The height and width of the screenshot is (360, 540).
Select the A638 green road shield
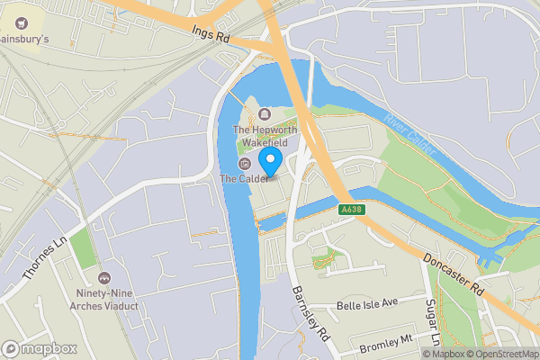coord(353,210)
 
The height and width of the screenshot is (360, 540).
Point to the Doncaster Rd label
coord(454,269)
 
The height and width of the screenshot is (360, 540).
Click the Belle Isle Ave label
coord(366,305)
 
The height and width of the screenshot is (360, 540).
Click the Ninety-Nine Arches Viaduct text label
coord(105,300)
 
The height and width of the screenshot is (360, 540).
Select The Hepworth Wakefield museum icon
coord(265,113)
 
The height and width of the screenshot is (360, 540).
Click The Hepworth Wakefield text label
coord(265,136)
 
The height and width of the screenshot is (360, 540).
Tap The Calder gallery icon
coord(244,164)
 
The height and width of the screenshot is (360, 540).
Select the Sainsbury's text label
coord(23,40)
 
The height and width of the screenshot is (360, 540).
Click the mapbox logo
coord(38,348)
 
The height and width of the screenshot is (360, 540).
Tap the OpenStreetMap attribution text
coord(503,353)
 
